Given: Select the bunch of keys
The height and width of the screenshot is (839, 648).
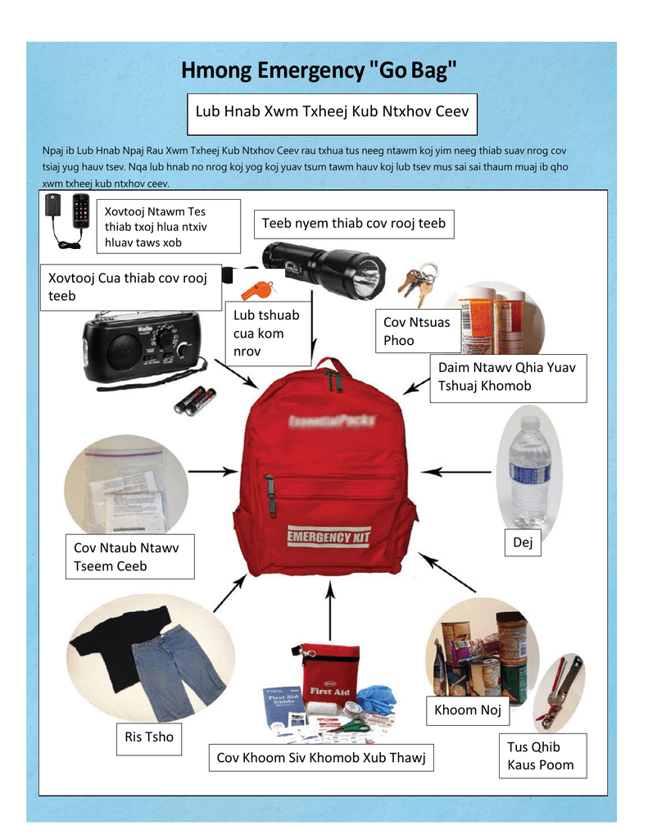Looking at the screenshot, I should (417, 281).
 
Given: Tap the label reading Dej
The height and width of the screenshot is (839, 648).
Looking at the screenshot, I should (522, 542).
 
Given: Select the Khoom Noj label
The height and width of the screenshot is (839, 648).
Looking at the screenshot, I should (467, 710).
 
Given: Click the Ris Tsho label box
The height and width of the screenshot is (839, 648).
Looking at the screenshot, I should (149, 737).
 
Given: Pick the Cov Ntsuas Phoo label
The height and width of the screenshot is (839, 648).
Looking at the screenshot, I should (416, 331).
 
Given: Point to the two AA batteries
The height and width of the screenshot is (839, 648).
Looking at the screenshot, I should (195, 401).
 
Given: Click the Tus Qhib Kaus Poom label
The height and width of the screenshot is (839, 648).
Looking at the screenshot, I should (540, 755).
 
